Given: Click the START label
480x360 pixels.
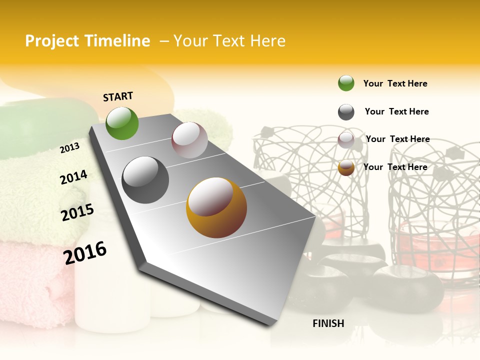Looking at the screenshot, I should (118, 96).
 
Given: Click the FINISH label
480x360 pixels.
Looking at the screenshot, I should (328, 323).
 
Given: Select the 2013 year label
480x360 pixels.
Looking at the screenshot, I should (69, 148).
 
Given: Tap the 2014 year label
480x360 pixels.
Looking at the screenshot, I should (73, 177).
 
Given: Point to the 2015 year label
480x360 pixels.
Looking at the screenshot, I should (77, 212).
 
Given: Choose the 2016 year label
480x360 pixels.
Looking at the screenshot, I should (85, 253).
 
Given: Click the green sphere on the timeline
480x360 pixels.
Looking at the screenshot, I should (122, 123).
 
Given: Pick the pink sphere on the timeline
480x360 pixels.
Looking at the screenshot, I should (189, 140).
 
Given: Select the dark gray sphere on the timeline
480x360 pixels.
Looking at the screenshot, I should (145, 180).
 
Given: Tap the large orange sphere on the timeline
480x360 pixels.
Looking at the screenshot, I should (216, 207).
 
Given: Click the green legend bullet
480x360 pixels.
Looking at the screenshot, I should (346, 83).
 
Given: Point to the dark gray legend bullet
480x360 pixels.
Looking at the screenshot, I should (346, 112).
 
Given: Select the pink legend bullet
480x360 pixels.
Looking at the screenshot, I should (346, 139).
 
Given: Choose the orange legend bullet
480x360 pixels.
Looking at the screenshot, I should (346, 167).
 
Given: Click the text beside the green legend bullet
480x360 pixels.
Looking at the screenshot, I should (395, 83).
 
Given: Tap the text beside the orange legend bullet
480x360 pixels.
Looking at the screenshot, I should (395, 167).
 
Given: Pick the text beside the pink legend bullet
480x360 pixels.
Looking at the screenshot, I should (397, 139).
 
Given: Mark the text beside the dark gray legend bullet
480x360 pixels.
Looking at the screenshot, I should (396, 111).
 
